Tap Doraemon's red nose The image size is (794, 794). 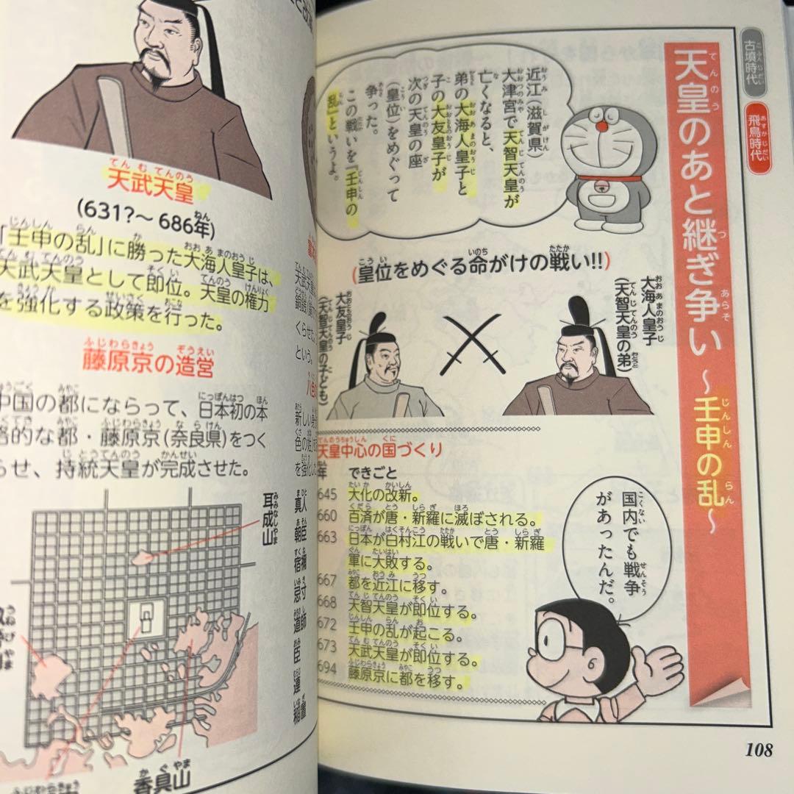[x=601, y=126]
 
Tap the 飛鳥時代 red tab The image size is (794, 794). [x=758, y=139]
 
